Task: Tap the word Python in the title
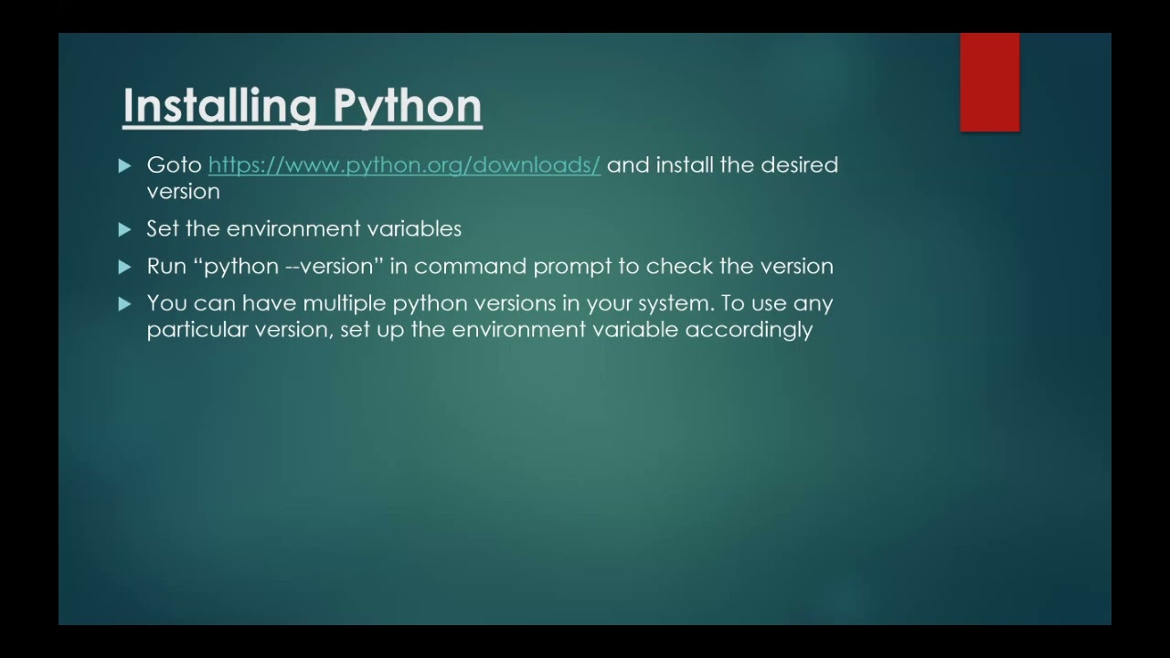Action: (x=407, y=107)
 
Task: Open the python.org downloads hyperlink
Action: (x=404, y=165)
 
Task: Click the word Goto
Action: (x=174, y=165)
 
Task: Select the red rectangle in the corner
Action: (x=989, y=82)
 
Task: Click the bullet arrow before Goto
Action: (x=125, y=165)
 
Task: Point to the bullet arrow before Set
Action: (x=125, y=229)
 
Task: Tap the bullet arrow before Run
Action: (x=125, y=267)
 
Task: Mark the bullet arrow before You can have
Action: (x=125, y=304)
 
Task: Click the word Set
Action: (x=163, y=228)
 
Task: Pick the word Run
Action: (x=166, y=266)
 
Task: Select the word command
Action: (x=470, y=266)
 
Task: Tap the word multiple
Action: (x=345, y=303)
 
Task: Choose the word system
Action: (x=675, y=304)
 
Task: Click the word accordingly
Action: (x=749, y=330)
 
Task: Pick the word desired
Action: (x=799, y=164)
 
